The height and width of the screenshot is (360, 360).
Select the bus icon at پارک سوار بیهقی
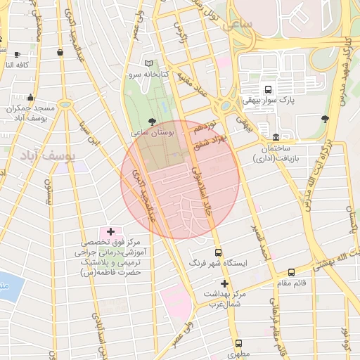267,89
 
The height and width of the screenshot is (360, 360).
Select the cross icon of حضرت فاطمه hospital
110,231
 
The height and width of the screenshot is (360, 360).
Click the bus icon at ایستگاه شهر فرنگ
217,252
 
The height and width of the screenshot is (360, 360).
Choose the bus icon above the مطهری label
239,344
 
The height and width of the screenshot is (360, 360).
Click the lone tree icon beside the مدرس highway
324,119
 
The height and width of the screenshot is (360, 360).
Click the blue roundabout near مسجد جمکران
65,104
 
